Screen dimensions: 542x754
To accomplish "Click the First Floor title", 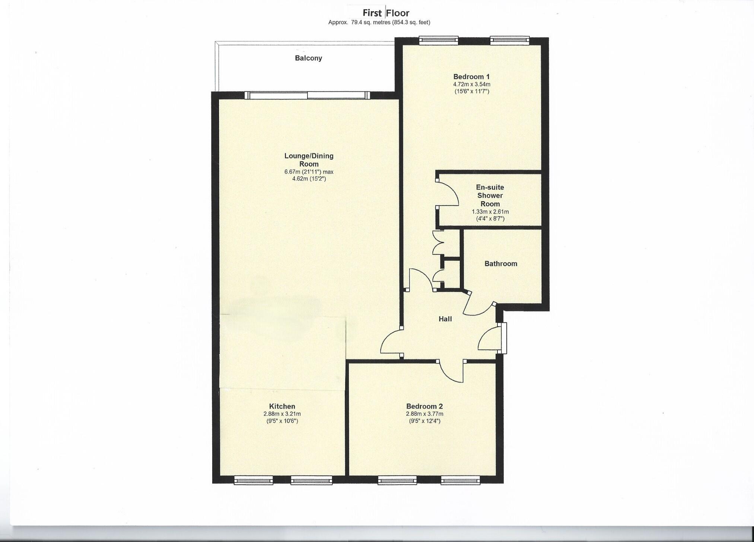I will point(386,13).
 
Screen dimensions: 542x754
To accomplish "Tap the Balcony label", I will point(308,58).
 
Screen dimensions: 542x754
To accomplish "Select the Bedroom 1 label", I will point(471,77).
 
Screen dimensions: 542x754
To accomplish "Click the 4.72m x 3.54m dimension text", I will point(471,85).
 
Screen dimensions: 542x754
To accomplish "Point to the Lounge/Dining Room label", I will point(309,160).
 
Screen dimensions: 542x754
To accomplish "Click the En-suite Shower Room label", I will point(490,196).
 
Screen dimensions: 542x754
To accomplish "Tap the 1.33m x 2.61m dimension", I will point(490,212).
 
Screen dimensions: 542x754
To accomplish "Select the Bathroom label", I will point(501,264).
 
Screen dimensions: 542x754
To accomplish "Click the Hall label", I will point(445,319).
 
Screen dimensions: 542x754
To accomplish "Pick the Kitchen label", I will point(282,406).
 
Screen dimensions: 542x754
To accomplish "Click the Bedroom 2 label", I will point(424,406).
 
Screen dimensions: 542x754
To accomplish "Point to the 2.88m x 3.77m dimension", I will point(424,414).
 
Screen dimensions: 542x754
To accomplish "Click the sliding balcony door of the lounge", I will point(308,96).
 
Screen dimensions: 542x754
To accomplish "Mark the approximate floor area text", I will point(379,22).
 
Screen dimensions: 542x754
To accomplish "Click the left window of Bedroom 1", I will point(438,40).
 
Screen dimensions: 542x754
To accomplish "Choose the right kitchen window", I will point(311,481).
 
